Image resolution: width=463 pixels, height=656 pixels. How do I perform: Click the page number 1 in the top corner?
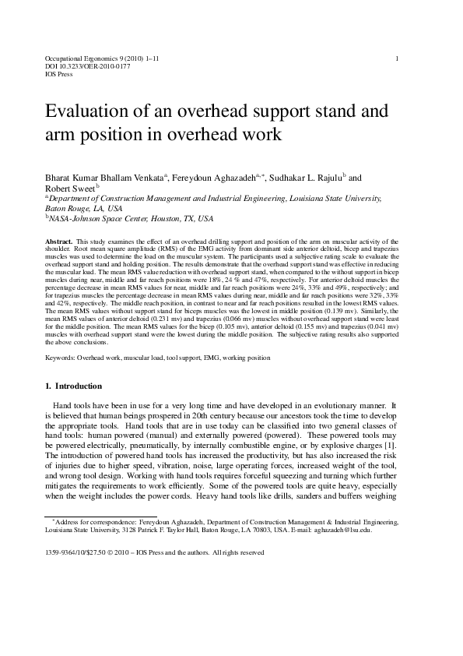(398, 58)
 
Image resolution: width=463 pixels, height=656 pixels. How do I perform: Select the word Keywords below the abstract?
(60, 358)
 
